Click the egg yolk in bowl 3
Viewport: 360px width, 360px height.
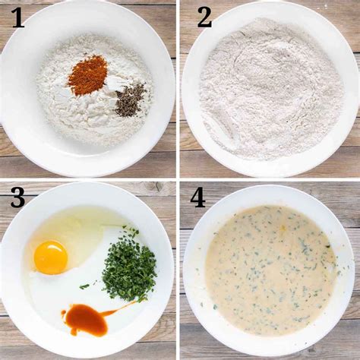(51, 257)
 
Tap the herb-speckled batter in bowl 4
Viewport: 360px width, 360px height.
(271, 268)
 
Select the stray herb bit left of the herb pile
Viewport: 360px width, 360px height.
(84, 286)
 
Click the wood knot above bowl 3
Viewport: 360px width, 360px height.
(154, 188)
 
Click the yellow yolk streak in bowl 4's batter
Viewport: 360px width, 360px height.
(283, 229)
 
